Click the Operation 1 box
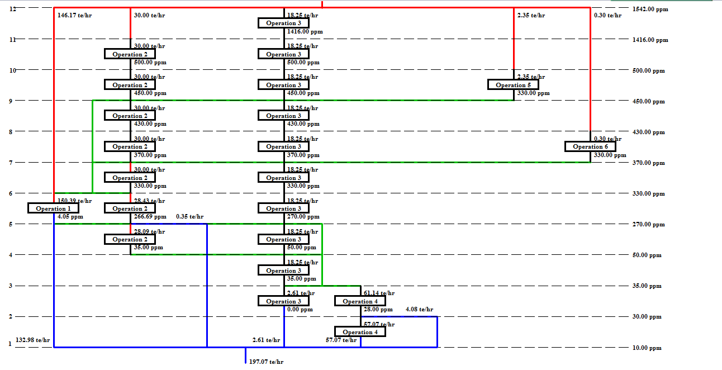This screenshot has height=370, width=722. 54,208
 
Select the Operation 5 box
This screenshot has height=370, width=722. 514,85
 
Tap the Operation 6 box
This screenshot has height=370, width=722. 590,146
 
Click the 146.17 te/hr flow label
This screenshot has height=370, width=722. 75,15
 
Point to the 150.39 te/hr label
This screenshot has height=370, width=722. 75,201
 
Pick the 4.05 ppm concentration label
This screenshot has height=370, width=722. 70,216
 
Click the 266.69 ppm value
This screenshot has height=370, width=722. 150,216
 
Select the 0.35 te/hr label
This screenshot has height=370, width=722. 189,216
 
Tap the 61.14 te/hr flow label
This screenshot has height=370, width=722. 379,293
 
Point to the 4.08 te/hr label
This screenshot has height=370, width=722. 419,309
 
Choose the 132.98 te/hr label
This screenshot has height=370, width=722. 33,340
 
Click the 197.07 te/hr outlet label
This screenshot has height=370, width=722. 266,362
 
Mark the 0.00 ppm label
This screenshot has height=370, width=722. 300,309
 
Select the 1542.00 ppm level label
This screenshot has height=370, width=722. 650,10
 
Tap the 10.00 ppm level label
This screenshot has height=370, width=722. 647,348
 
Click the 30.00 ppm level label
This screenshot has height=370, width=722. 647,317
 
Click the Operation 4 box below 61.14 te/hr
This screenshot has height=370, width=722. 360,301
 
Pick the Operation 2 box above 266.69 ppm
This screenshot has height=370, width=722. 130,208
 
